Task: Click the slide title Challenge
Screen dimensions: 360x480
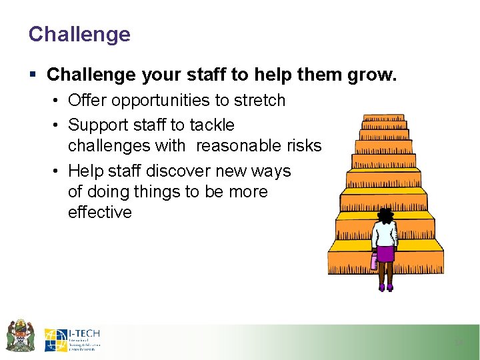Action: [79, 34]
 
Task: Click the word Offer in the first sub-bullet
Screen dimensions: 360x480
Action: [88, 101]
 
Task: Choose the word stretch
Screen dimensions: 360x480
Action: [259, 101]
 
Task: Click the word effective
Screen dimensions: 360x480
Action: [100, 213]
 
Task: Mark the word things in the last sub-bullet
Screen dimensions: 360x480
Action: [155, 192]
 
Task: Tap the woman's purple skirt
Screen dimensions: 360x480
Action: [385, 253]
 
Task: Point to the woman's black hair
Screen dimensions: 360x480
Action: [385, 215]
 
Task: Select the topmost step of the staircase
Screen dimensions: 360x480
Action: [383, 118]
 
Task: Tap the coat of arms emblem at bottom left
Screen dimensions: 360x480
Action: [20, 335]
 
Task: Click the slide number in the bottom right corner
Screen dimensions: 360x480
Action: [458, 342]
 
